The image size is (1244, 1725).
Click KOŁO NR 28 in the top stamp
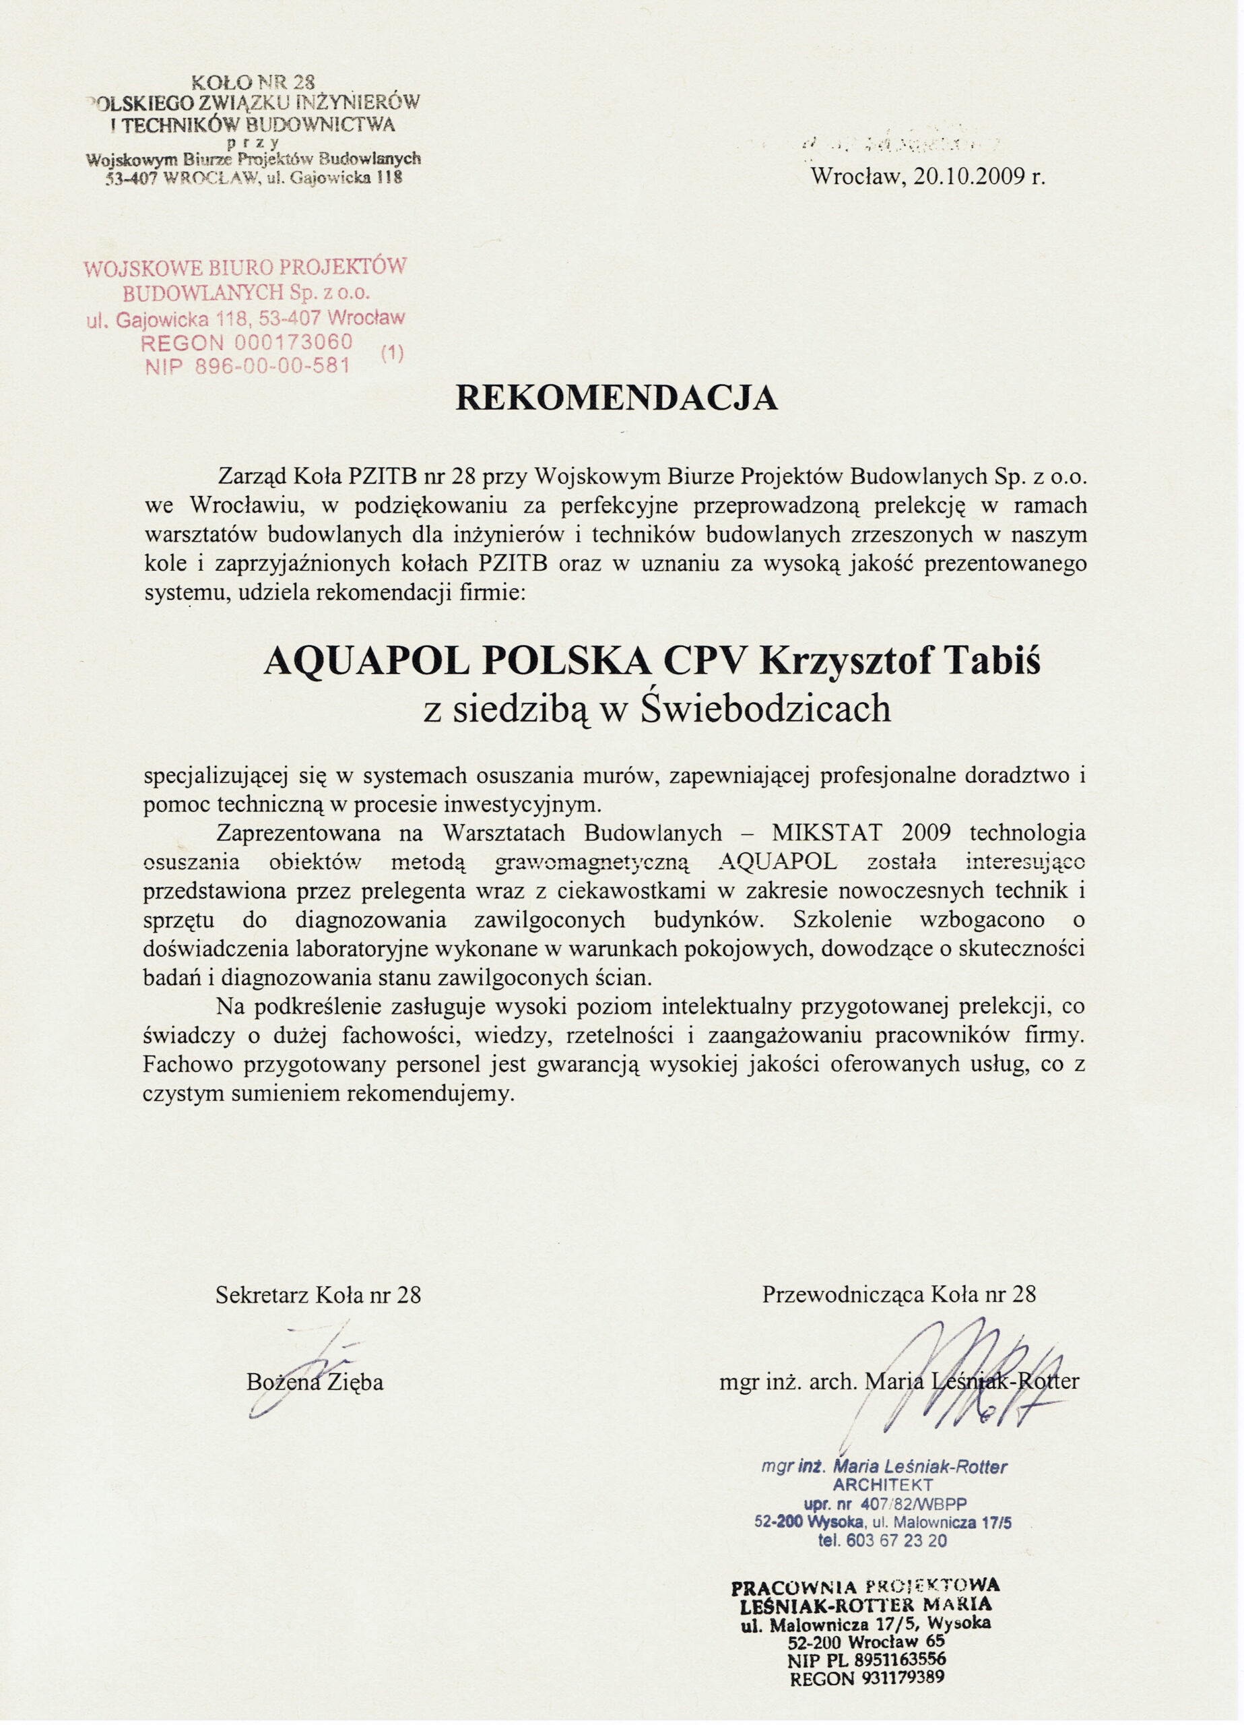click(253, 81)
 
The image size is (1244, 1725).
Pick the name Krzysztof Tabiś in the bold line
click(900, 662)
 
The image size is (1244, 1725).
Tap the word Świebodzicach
click(766, 709)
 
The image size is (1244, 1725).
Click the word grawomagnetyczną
click(591, 862)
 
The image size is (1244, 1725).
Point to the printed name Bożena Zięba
click(315, 1382)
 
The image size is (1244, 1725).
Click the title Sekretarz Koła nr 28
click(318, 1295)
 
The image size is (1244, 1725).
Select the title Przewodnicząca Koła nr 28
click(898, 1295)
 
